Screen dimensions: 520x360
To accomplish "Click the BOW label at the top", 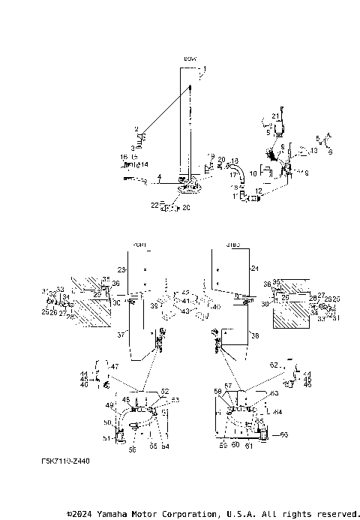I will [188, 58].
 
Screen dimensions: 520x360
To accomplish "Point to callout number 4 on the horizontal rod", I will [160, 177].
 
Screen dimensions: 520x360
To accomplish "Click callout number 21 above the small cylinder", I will [275, 116].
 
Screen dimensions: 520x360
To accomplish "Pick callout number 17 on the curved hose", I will [232, 174].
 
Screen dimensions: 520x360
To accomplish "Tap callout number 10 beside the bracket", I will [253, 173].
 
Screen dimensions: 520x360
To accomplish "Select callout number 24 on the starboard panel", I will [254, 268].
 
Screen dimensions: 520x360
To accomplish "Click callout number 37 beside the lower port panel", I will [119, 335].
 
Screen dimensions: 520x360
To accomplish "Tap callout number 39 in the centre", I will [153, 306].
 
